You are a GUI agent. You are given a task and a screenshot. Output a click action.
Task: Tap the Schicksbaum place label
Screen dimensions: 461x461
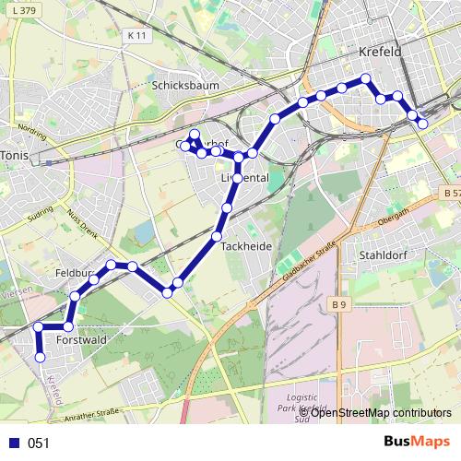click(x=181, y=84)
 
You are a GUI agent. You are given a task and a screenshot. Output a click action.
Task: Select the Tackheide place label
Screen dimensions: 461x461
click(x=246, y=247)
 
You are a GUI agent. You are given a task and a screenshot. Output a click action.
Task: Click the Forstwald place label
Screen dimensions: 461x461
click(x=82, y=340)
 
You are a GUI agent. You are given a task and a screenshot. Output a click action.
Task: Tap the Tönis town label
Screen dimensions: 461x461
click(x=16, y=154)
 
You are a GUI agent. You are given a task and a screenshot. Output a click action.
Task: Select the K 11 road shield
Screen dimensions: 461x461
click(x=136, y=35)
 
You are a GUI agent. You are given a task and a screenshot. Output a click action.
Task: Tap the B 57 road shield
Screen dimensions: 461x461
click(x=449, y=194)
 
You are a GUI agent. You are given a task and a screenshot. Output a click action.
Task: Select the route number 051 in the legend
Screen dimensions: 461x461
click(x=39, y=443)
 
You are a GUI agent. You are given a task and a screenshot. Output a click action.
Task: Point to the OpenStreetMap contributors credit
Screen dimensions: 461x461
click(x=379, y=412)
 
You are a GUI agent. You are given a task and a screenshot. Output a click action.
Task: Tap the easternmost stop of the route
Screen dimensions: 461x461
click(x=423, y=123)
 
